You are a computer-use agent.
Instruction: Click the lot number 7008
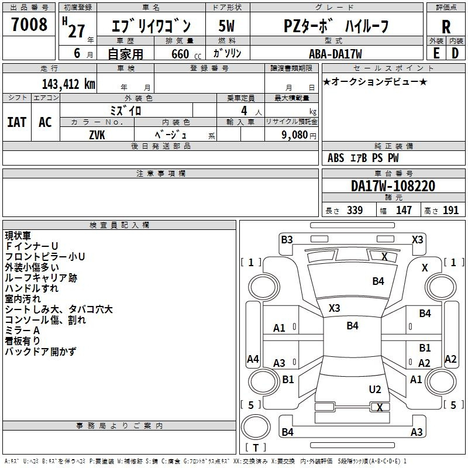click(x=29, y=25)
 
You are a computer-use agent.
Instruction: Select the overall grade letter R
click(x=446, y=27)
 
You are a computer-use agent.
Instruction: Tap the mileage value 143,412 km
click(x=68, y=84)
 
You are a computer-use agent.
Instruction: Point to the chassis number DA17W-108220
click(x=393, y=185)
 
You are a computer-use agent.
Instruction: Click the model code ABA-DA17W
click(x=335, y=54)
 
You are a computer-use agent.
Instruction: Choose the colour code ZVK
click(x=97, y=135)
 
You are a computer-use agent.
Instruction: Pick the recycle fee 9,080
click(x=295, y=135)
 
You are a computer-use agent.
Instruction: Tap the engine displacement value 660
click(x=180, y=54)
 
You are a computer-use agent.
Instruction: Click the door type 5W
click(x=226, y=26)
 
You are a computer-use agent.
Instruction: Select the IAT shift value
click(x=17, y=122)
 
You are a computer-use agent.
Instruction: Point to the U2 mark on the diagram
click(x=375, y=390)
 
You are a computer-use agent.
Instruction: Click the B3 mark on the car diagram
click(x=287, y=240)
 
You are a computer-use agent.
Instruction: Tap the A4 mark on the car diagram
click(x=253, y=359)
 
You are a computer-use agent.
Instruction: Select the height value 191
click(x=450, y=211)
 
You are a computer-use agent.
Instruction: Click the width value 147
click(x=404, y=211)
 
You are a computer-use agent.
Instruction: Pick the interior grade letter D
click(x=455, y=53)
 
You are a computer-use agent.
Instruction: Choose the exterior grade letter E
click(x=436, y=53)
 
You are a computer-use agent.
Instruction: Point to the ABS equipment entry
click(x=336, y=158)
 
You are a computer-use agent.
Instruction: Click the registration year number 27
click(x=77, y=31)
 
